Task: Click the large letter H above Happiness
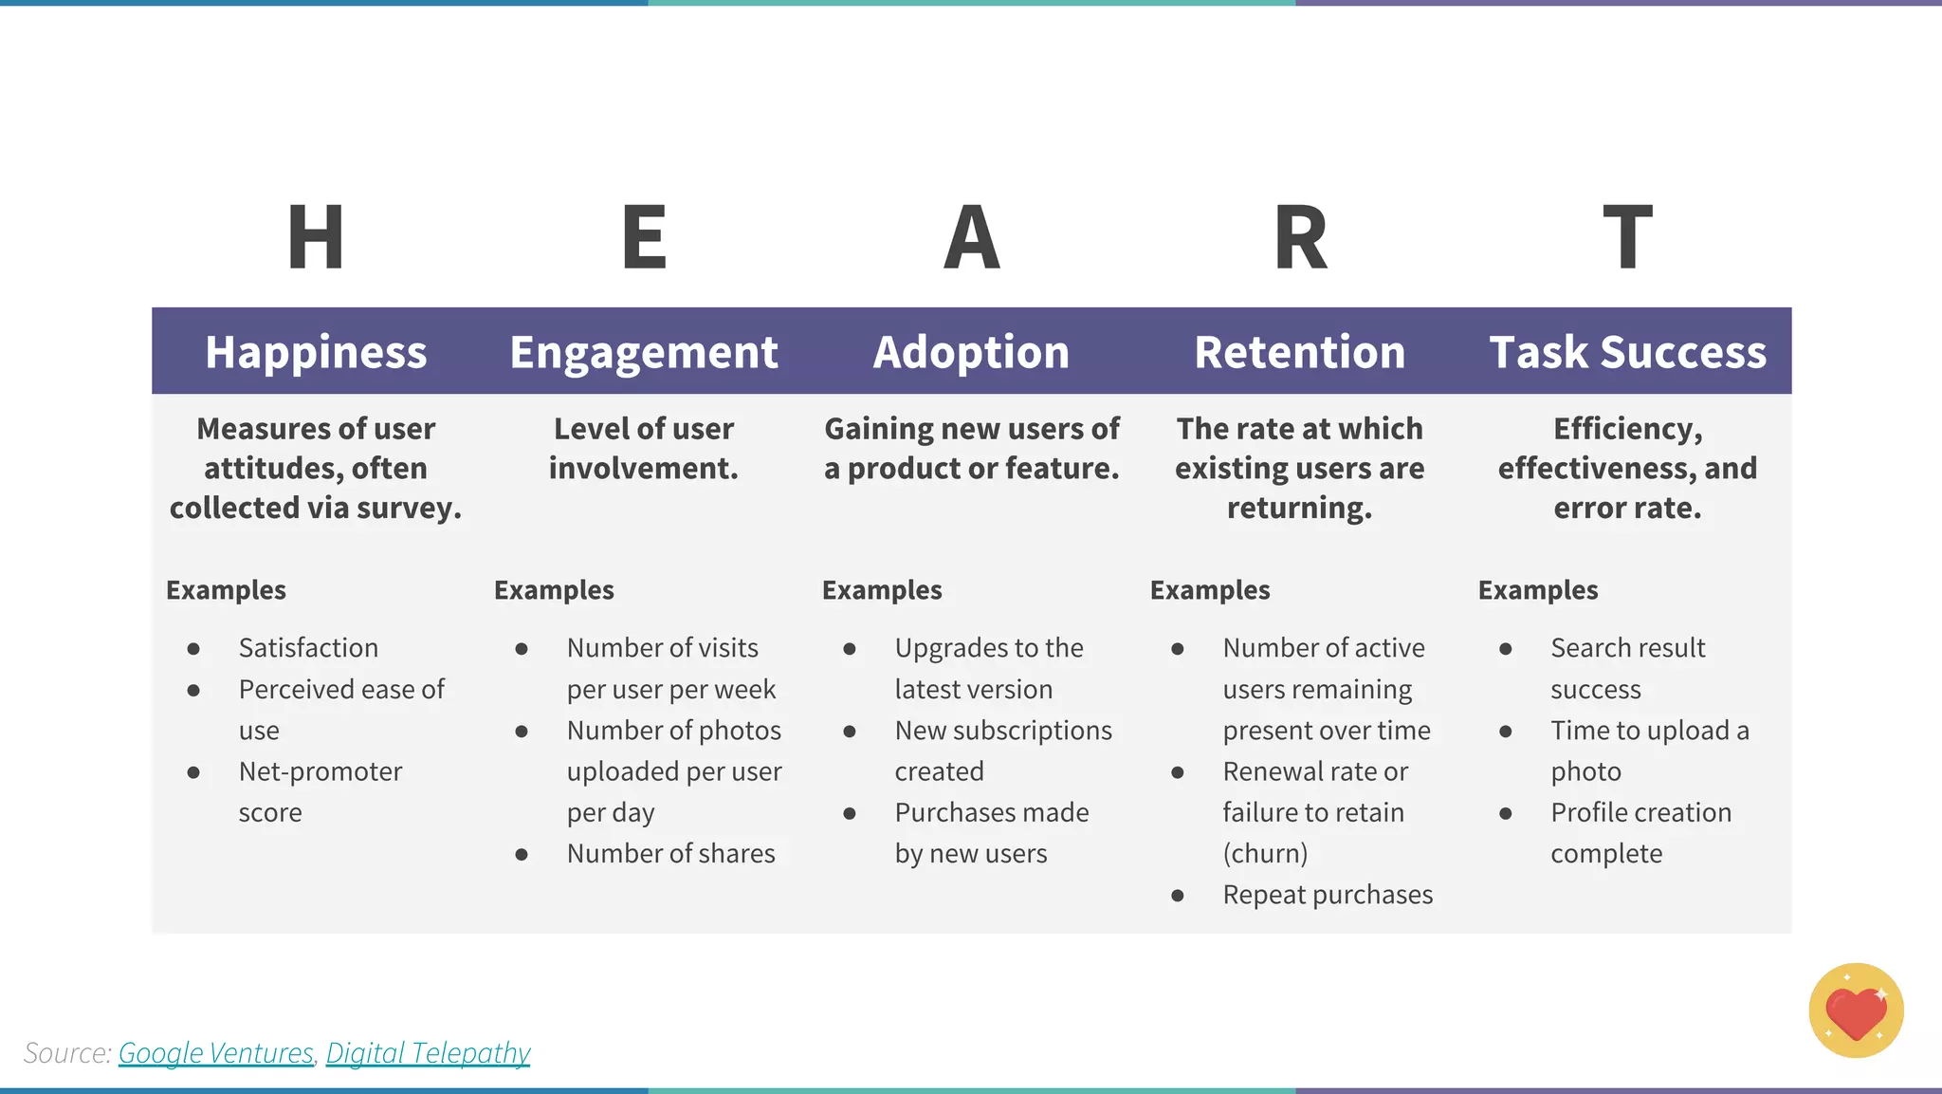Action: click(x=315, y=237)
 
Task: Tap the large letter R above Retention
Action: click(x=1300, y=237)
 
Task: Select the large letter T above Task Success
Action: click(x=1627, y=237)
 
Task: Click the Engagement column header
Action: click(x=644, y=352)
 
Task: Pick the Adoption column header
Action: click(x=971, y=352)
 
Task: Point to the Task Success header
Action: click(x=1627, y=352)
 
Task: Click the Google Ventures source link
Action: click(x=215, y=1053)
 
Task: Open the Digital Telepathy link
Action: click(x=428, y=1053)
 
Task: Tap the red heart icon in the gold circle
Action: click(x=1856, y=1012)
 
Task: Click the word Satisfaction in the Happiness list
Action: click(x=308, y=648)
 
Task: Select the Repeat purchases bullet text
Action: click(x=1328, y=895)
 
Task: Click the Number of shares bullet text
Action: click(x=670, y=854)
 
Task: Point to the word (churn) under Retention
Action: click(x=1265, y=854)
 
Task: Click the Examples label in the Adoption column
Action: click(x=882, y=590)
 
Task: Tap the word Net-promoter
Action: click(x=321, y=771)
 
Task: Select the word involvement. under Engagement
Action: click(x=643, y=469)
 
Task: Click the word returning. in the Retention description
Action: click(x=1299, y=509)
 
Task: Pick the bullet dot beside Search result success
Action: click(x=1505, y=649)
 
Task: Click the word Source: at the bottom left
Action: click(x=67, y=1053)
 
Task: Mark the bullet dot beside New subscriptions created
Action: click(x=850, y=732)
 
